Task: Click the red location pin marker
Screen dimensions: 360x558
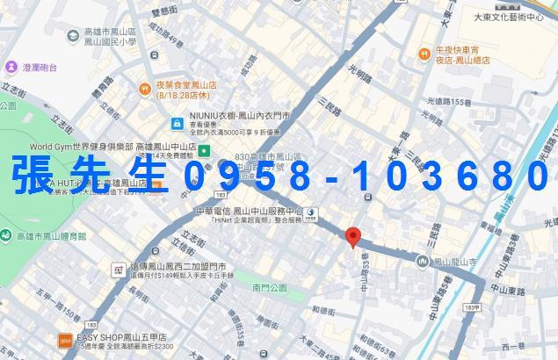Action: pyautogui.click(x=354, y=236)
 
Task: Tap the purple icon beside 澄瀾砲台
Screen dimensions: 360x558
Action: pyautogui.click(x=11, y=66)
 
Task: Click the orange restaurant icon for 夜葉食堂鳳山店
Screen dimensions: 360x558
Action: pyautogui.click(x=144, y=88)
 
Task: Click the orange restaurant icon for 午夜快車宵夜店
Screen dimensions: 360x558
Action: pyautogui.click(x=424, y=54)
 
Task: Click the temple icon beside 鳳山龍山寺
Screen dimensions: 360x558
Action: pyautogui.click(x=427, y=261)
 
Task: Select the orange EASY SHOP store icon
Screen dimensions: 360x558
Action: pyautogui.click(x=64, y=341)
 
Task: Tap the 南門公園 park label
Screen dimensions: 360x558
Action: pyautogui.click(x=269, y=287)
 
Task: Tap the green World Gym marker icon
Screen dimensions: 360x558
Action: pyautogui.click(x=205, y=150)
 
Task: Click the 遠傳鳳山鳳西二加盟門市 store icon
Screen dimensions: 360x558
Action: pyautogui.click(x=117, y=269)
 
